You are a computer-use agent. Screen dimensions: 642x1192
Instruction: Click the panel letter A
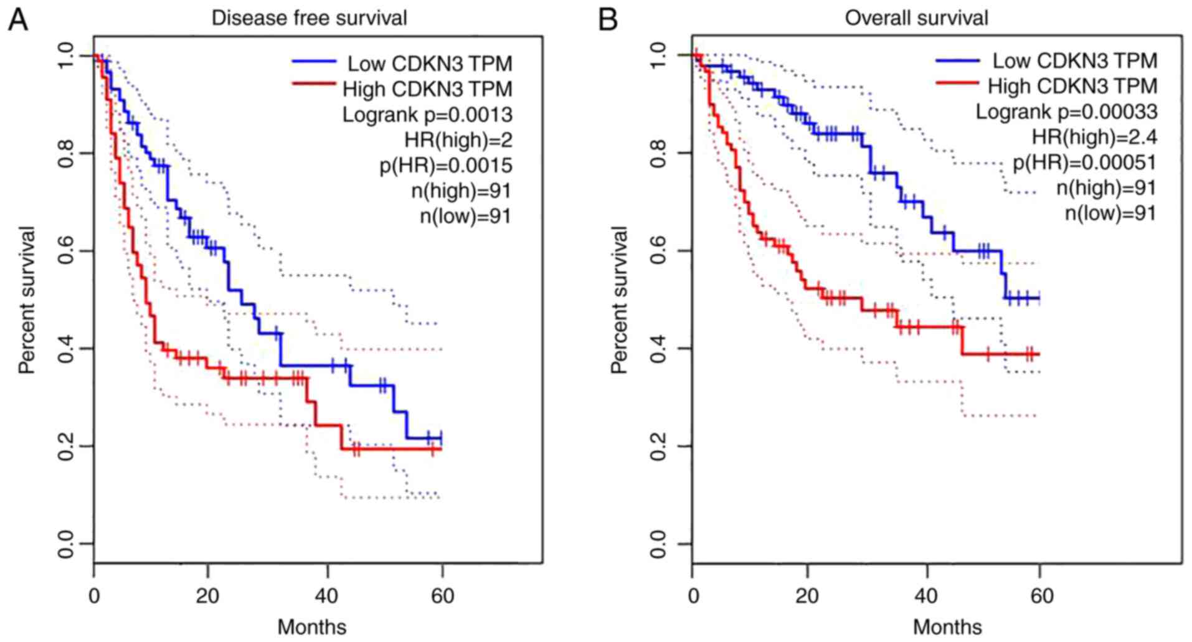[x=17, y=19]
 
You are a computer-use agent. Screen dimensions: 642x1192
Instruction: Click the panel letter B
[x=608, y=19]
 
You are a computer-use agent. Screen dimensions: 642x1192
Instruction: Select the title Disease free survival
[x=309, y=18]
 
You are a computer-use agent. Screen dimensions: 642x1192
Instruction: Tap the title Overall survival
[x=916, y=18]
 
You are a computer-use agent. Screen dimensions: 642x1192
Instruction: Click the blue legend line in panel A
[x=315, y=61]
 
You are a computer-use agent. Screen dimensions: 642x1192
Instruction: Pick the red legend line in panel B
[x=957, y=83]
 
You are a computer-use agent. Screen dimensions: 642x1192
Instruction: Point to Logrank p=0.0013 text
[x=427, y=115]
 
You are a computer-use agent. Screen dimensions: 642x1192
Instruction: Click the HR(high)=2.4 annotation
[x=1094, y=137]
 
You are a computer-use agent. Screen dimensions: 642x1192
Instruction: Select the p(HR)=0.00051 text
[x=1084, y=163]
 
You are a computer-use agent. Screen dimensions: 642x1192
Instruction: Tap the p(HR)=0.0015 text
[x=446, y=165]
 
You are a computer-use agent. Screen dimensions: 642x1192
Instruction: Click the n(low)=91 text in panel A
[x=465, y=216]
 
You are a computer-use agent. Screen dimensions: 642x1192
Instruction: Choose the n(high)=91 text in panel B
[x=1106, y=187]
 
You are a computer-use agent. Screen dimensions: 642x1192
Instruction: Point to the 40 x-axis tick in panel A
[x=325, y=596]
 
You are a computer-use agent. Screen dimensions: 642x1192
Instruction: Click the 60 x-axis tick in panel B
[x=1041, y=596]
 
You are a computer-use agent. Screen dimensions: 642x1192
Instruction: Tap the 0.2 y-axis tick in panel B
[x=658, y=446]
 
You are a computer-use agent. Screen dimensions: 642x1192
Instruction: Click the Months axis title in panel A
[x=311, y=626]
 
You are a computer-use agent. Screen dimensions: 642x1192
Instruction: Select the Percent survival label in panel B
[x=619, y=300]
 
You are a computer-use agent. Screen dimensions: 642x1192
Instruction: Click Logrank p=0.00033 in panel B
[x=1066, y=112]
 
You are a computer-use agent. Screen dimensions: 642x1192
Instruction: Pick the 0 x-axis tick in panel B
[x=693, y=596]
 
